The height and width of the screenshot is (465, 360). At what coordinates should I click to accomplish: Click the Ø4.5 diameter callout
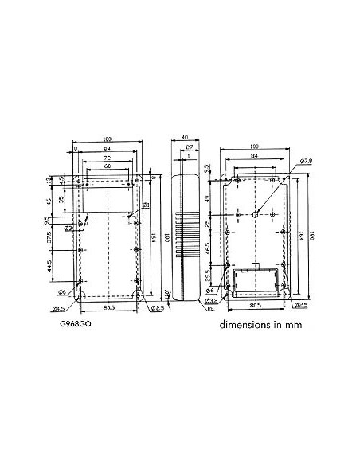click(x=58, y=309)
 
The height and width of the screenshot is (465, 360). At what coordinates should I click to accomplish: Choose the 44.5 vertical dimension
click(x=50, y=264)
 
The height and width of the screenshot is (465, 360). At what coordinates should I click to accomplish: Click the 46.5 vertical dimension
click(x=209, y=248)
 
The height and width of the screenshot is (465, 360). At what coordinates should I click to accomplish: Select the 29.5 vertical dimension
click(x=209, y=275)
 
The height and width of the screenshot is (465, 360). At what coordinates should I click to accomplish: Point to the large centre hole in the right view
click(x=256, y=213)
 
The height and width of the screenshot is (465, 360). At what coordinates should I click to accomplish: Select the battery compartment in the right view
click(x=256, y=278)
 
